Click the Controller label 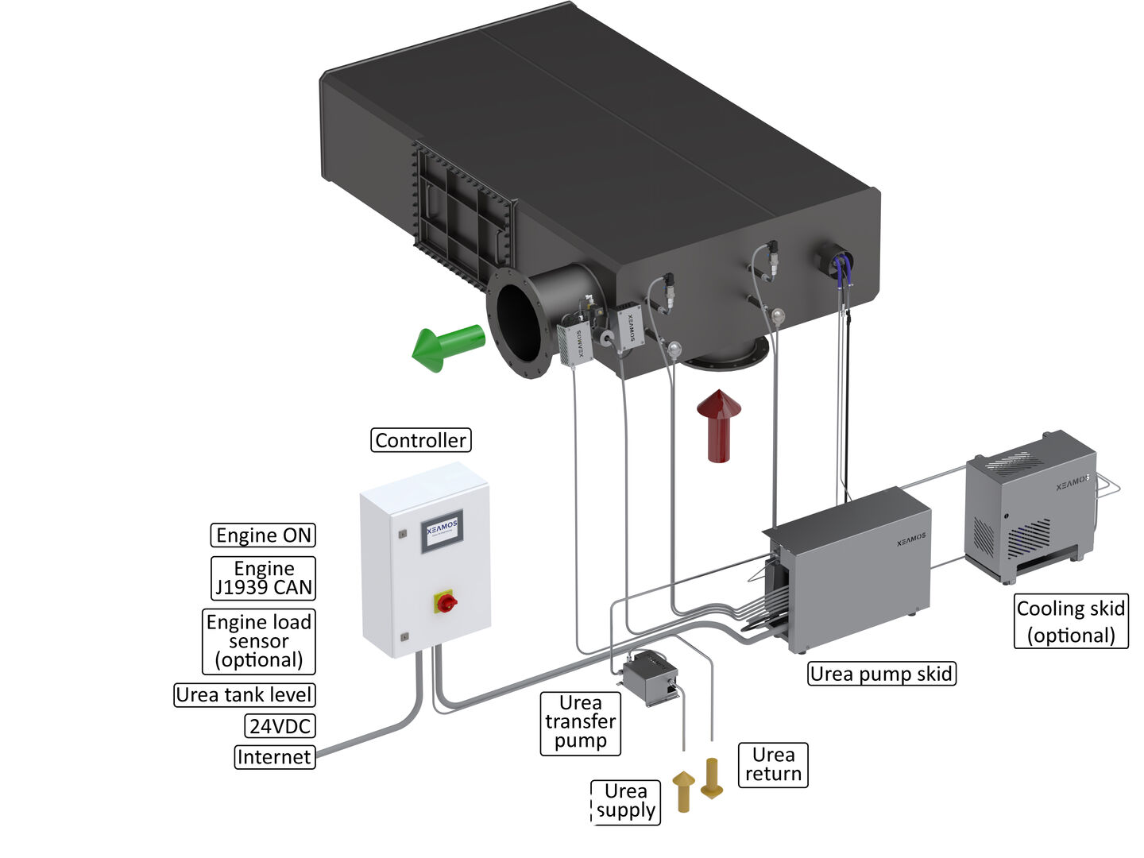click(420, 440)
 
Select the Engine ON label click(263, 535)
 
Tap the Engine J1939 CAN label click(263, 578)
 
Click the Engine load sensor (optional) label click(259, 641)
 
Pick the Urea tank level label click(244, 695)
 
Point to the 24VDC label click(280, 726)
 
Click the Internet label click(274, 757)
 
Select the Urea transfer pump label click(580, 722)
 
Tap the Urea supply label click(626, 802)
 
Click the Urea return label click(773, 764)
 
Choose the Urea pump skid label click(881, 674)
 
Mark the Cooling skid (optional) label click(1071, 622)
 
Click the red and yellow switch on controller click(446, 601)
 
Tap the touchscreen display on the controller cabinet click(442, 531)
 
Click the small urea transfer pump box click(647, 677)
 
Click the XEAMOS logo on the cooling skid click(1071, 482)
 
